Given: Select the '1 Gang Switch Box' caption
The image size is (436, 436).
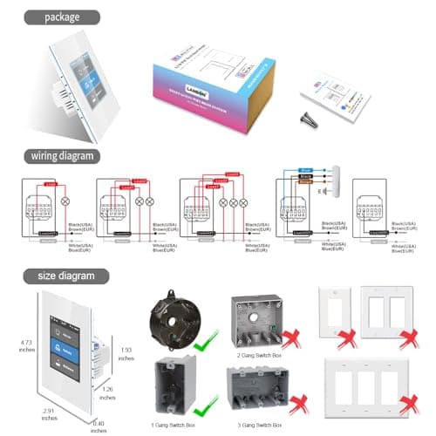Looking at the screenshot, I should [x=174, y=422].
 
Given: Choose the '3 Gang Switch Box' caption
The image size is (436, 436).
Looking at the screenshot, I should [x=260, y=422].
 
